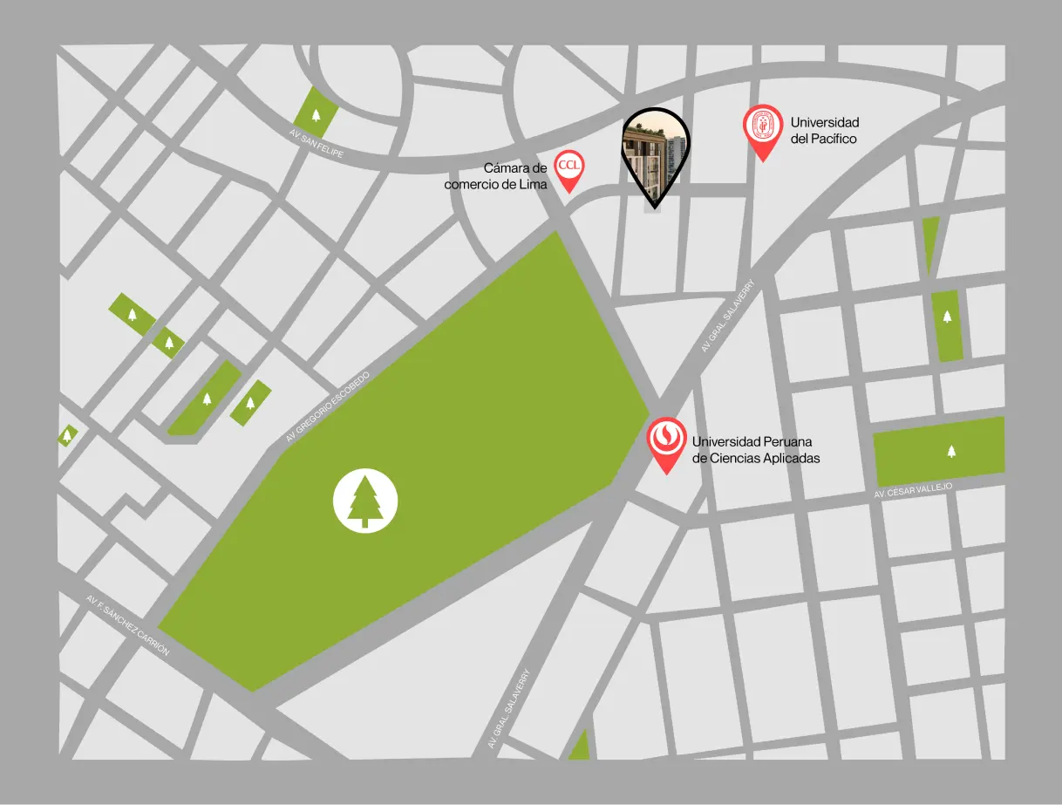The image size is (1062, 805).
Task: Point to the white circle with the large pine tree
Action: click(365, 501)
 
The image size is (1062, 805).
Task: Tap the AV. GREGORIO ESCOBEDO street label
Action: click(328, 406)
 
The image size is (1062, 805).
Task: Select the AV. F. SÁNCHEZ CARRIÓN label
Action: click(127, 625)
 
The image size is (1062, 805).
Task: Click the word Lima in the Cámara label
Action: click(532, 184)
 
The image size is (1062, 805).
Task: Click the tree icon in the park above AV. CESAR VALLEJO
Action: click(950, 451)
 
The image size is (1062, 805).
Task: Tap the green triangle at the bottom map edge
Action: click(579, 748)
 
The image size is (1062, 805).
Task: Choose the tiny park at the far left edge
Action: click(67, 434)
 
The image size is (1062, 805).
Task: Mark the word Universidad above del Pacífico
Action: click(824, 122)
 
